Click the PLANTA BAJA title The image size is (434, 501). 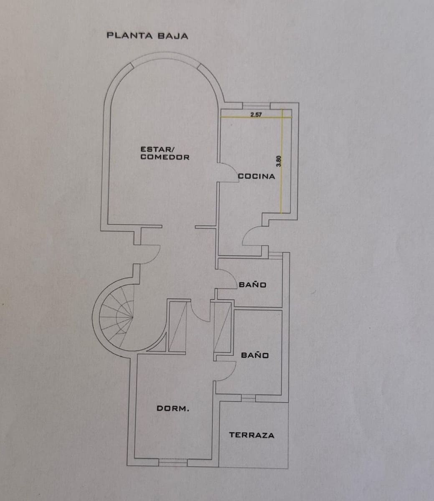point(147,36)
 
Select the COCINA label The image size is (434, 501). point(256,177)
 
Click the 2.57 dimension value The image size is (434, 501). point(256,115)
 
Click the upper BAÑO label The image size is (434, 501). point(252,285)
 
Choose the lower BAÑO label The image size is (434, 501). point(255,355)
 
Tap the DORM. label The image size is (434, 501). point(173,409)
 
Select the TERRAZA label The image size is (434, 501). point(251,435)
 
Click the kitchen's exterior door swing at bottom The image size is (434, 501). point(251,237)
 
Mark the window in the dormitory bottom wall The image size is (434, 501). point(173,462)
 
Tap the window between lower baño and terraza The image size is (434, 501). point(248,398)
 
